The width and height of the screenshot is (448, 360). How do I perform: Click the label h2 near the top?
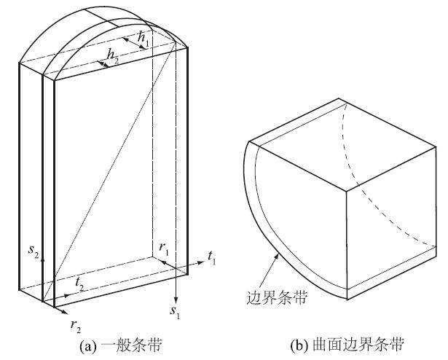tap(113, 55)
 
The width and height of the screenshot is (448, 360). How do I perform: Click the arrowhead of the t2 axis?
tap(72, 294)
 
